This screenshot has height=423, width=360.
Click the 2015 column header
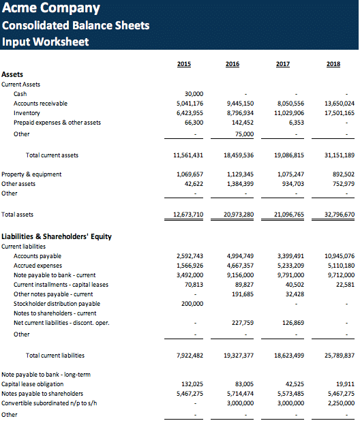[x=184, y=64]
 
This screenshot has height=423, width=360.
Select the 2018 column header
[x=333, y=64]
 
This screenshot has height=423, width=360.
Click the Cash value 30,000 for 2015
[x=194, y=94]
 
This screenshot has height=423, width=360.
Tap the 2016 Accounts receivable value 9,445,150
[x=240, y=104]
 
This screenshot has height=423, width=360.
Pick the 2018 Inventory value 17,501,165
[x=340, y=113]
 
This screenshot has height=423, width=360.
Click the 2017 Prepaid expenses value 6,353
[x=297, y=123]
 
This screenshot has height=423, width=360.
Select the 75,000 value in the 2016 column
[x=244, y=134]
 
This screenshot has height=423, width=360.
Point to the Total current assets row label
[x=52, y=155]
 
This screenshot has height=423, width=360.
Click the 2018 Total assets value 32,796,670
[x=340, y=215]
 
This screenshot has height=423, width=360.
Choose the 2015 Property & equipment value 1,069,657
[x=190, y=174]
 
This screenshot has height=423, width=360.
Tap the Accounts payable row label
[x=37, y=256]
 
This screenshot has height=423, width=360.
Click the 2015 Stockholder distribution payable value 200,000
[x=192, y=304]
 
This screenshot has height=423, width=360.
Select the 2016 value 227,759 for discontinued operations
[x=243, y=323]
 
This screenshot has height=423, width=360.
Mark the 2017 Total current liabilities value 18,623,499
[x=289, y=356]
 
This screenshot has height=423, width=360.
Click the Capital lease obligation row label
[x=33, y=384]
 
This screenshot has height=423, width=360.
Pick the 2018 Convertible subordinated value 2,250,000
[x=341, y=403]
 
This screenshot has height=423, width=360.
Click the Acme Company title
[x=51, y=7]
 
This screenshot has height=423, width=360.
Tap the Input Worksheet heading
[x=46, y=42]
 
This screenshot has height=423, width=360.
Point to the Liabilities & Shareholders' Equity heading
[x=57, y=236]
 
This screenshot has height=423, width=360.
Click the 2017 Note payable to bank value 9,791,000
[x=291, y=275]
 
